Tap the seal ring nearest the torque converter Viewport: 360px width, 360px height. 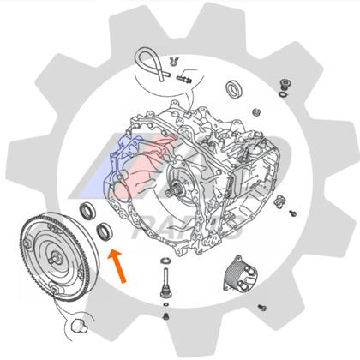(x=87, y=213)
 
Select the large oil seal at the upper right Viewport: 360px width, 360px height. (x=234, y=87)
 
